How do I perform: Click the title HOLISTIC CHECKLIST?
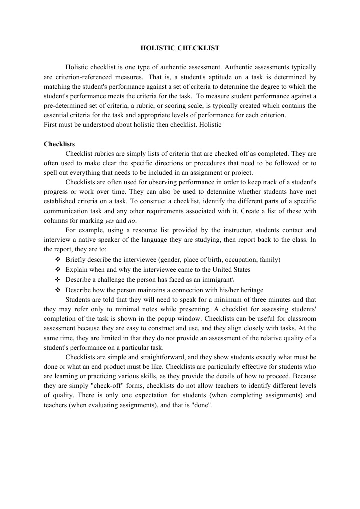point(179,48)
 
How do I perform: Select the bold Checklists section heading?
point(59,144)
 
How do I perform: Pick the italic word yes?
point(110,221)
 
